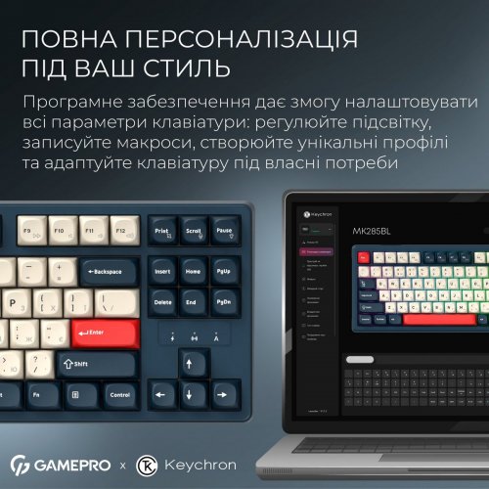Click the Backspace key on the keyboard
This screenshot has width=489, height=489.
click(109, 271)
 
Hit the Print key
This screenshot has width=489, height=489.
click(163, 233)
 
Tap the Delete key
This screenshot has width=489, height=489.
click(163, 303)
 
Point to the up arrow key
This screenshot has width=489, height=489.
click(194, 362)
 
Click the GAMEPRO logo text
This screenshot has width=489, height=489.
click(71, 463)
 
